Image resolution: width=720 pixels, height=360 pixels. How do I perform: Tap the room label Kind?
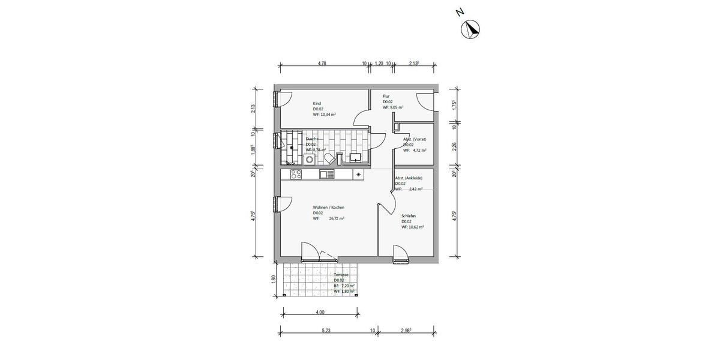pyautogui.click(x=316, y=103)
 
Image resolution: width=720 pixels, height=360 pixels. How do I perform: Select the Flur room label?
pyautogui.click(x=386, y=96)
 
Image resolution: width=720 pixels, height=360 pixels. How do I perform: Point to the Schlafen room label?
pyautogui.click(x=409, y=216)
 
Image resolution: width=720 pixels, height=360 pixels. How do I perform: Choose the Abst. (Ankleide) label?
pyautogui.click(x=409, y=178)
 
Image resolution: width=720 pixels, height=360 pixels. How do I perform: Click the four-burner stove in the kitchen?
pyautogui.click(x=295, y=175)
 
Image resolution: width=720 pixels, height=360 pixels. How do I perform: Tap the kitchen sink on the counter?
pyautogui.click(x=326, y=175)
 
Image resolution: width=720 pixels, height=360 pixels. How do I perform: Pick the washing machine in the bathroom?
pyautogui.click(x=310, y=159)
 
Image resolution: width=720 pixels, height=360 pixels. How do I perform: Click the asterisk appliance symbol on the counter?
pyautogui.click(x=359, y=175)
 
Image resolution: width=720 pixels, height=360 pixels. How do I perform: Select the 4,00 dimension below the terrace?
pyautogui.click(x=320, y=312)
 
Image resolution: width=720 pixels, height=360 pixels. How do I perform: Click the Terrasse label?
pyautogui.click(x=341, y=275)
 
